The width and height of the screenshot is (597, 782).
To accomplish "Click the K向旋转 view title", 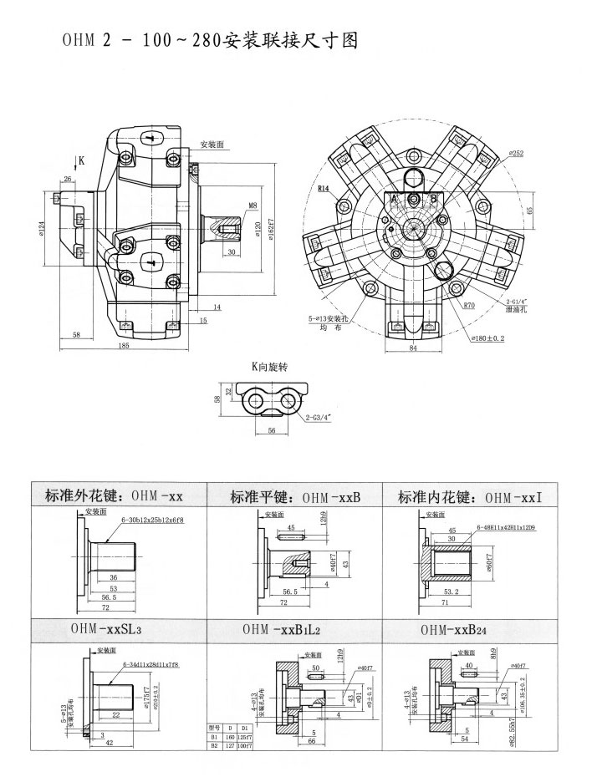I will [273, 366].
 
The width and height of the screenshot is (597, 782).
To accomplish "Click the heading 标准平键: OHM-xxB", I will [294, 497].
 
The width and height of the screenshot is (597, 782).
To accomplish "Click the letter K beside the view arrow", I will [82, 160].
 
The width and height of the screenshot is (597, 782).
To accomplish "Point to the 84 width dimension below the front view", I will [412, 349].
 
